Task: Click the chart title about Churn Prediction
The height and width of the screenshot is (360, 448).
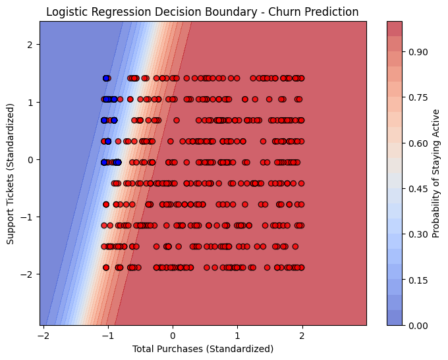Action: coord(203,12)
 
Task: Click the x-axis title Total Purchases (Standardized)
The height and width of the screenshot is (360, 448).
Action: coord(203,349)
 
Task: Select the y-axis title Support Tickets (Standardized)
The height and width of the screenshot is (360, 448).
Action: coord(12,173)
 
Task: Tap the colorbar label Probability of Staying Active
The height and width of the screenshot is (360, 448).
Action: coord(436,173)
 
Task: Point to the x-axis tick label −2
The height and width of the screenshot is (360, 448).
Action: coord(43,334)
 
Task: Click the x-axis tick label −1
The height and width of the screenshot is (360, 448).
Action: coord(107,334)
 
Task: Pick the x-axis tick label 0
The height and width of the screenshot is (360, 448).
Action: coord(173,334)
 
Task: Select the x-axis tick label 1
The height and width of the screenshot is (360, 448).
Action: coord(237,334)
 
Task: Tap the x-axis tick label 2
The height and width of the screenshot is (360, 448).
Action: coord(302,334)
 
